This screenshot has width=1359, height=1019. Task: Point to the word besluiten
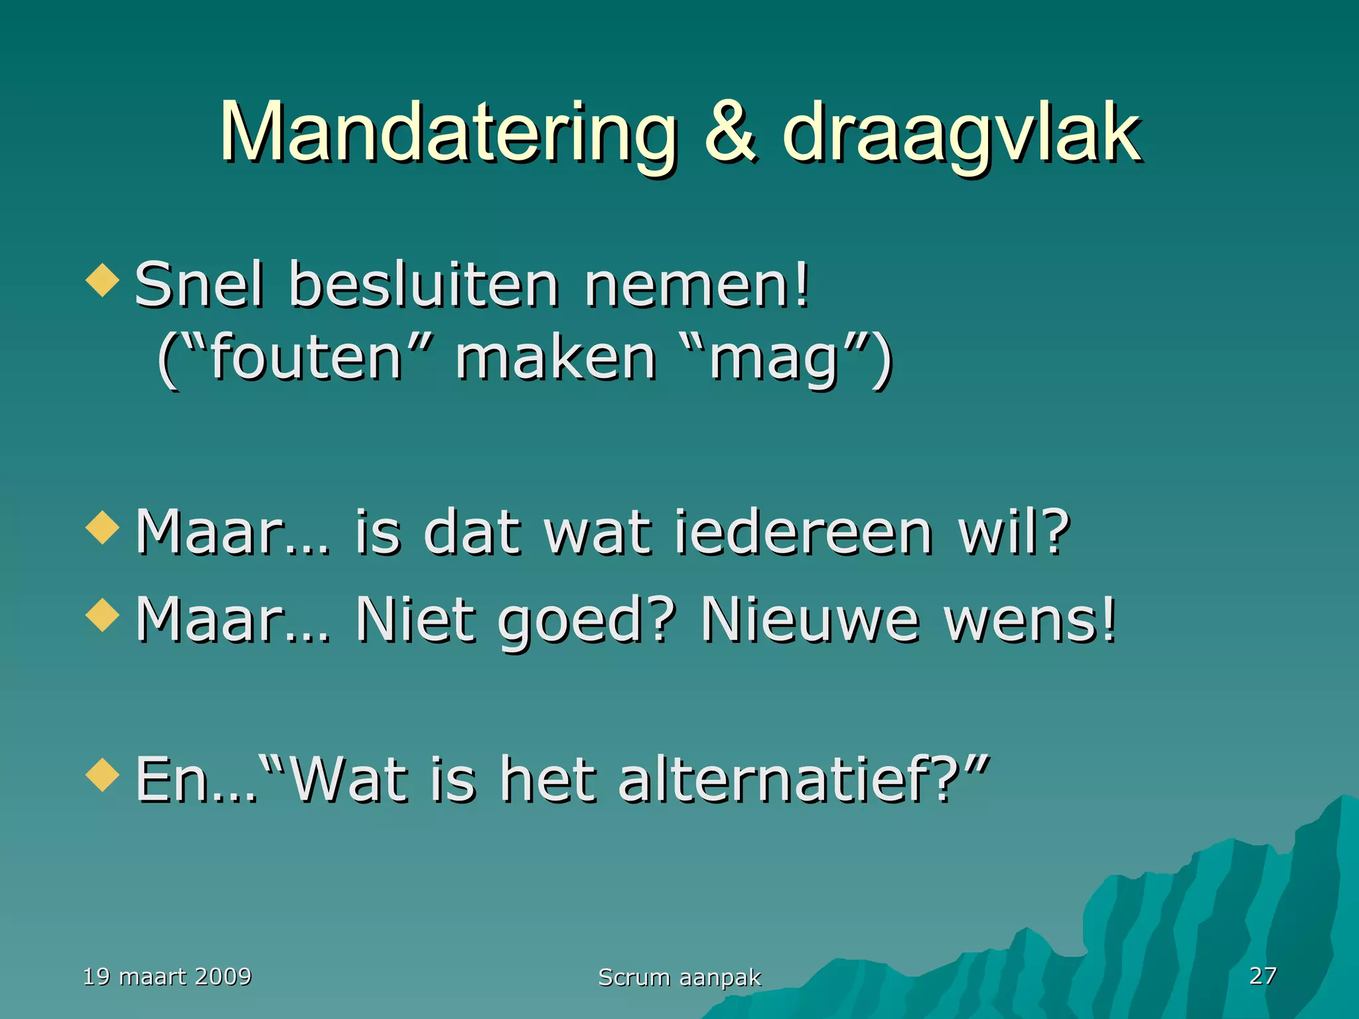[423, 285]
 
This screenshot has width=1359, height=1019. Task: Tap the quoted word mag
[773, 362]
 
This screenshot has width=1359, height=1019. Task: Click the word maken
[556, 359]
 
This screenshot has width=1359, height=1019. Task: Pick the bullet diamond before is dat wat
[102, 527]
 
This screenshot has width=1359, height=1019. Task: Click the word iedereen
[803, 533]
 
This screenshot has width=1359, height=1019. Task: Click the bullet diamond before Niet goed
[102, 615]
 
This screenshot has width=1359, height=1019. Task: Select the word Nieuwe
[810, 620]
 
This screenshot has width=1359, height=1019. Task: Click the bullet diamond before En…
[102, 775]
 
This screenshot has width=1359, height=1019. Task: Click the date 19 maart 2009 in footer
[167, 977]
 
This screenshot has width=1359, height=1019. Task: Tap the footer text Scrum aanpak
[679, 977]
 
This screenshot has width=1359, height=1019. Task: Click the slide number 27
[1263, 975]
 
